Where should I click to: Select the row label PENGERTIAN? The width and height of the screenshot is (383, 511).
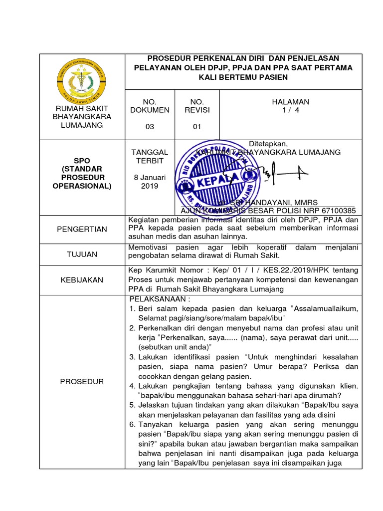point(82,229)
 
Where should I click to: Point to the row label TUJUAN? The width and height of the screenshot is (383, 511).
point(82,254)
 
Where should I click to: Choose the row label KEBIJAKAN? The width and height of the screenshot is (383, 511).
point(82,280)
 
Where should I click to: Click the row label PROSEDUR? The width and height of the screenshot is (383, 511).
point(82,382)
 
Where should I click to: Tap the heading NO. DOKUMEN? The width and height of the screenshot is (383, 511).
point(150,105)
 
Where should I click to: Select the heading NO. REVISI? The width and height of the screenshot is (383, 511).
point(197,105)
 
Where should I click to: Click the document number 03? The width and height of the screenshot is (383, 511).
point(150,127)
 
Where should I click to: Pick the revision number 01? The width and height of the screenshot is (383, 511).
point(197,127)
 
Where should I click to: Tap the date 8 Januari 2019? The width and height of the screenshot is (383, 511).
point(150,182)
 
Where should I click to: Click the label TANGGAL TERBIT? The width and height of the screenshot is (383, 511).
point(150,156)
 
